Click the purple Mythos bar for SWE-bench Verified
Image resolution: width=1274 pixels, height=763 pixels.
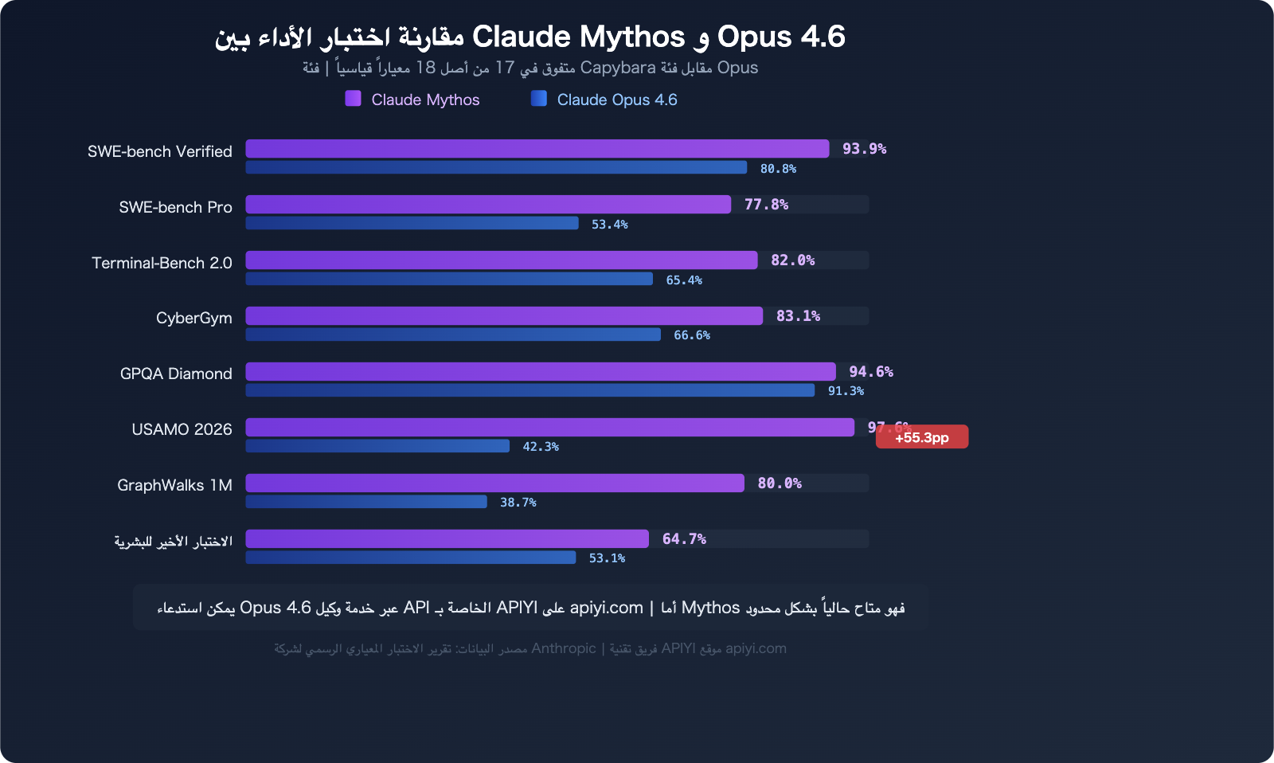[537, 149]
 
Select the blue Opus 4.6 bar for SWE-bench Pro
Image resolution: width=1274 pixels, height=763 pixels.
[412, 223]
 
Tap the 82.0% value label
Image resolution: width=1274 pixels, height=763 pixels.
[792, 260]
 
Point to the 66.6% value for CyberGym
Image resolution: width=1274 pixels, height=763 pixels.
[691, 335]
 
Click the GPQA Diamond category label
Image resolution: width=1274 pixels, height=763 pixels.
[176, 374]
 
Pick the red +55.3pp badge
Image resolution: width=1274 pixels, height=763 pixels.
[922, 437]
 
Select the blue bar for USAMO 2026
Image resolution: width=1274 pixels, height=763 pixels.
[377, 446]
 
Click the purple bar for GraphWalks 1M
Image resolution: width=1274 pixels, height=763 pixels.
[494, 483]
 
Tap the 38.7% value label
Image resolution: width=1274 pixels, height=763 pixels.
[518, 503]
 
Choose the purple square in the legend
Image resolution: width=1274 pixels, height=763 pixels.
[353, 99]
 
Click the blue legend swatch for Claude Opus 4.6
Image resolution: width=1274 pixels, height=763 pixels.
[539, 99]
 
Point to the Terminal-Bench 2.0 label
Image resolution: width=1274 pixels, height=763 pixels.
[162, 263]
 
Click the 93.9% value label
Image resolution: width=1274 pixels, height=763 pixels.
[864, 149]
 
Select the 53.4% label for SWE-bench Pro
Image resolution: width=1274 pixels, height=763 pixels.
[609, 225]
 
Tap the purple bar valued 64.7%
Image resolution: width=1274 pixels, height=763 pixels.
[447, 539]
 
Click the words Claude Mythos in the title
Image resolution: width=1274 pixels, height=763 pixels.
[578, 37]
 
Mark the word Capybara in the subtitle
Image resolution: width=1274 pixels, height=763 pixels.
[618, 68]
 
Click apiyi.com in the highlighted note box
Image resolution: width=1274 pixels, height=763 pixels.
[606, 608]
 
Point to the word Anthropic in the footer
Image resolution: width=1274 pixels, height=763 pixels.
[563, 648]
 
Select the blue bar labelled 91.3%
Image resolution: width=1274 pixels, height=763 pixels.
[530, 390]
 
